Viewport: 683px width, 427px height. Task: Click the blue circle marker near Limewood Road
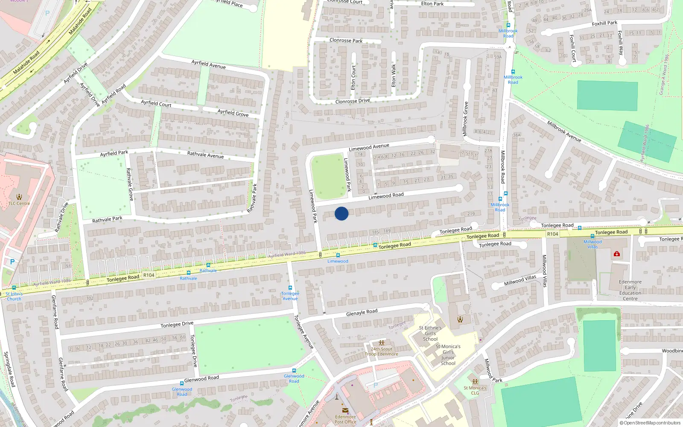pos(341,213)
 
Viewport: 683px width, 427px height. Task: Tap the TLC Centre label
pos(19,203)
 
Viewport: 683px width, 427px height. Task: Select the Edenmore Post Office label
pos(345,419)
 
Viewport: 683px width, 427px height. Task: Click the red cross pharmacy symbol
pos(617,254)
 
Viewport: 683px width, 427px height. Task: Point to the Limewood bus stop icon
pos(338,255)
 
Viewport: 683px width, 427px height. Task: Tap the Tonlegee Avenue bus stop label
pos(290,296)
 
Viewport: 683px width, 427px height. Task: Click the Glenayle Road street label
pos(362,312)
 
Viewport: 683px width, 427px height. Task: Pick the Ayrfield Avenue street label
pos(208,64)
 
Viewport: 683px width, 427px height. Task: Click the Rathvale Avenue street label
pos(205,155)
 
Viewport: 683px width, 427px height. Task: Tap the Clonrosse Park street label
pos(346,41)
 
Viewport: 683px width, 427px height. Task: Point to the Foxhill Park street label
pos(604,23)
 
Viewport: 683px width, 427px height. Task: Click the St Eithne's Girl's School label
pos(430,333)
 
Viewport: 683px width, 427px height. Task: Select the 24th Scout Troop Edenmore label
pos(381,351)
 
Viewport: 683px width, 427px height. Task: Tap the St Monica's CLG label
pos(475,390)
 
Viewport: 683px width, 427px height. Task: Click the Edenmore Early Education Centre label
pos(630,290)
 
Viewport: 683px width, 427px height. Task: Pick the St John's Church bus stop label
pos(14,296)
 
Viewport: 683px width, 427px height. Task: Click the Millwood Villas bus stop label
pos(593,244)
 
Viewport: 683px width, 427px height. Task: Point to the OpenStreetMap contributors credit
pos(650,423)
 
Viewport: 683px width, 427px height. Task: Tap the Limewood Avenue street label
pos(369,147)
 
